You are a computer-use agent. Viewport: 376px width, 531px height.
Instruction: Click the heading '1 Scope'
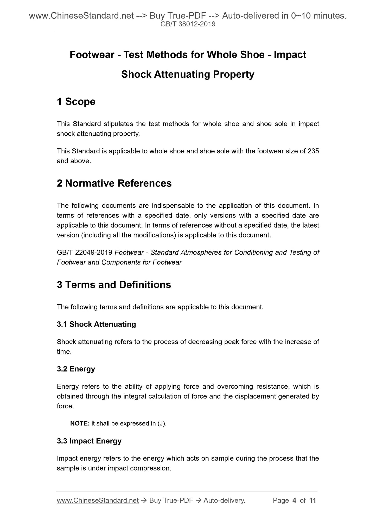(76, 102)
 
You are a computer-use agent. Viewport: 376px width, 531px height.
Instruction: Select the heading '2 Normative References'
(114, 183)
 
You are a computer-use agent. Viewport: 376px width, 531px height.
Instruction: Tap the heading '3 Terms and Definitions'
(114, 285)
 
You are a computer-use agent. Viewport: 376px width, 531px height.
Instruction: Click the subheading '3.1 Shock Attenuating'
(96, 324)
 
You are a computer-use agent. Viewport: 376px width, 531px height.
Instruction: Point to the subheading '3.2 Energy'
(76, 369)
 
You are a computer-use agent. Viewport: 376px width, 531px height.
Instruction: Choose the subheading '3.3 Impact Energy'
(89, 441)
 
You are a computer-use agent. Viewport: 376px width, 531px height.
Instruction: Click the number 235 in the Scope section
(313, 151)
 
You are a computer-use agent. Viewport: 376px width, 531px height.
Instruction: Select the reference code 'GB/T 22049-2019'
(85, 253)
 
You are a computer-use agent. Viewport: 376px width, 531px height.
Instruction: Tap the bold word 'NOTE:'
(80, 423)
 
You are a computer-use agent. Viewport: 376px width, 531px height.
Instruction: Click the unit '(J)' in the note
(162, 423)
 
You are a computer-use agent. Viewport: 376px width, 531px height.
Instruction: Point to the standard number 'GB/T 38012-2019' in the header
(188, 24)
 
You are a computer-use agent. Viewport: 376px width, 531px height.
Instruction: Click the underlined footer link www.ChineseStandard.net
(98, 500)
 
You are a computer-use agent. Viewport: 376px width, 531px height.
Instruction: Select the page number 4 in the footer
(294, 500)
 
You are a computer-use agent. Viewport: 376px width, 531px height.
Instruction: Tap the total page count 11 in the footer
(313, 500)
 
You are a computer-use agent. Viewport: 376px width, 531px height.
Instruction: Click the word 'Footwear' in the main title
(92, 55)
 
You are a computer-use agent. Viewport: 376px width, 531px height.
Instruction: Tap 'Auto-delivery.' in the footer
(225, 500)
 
